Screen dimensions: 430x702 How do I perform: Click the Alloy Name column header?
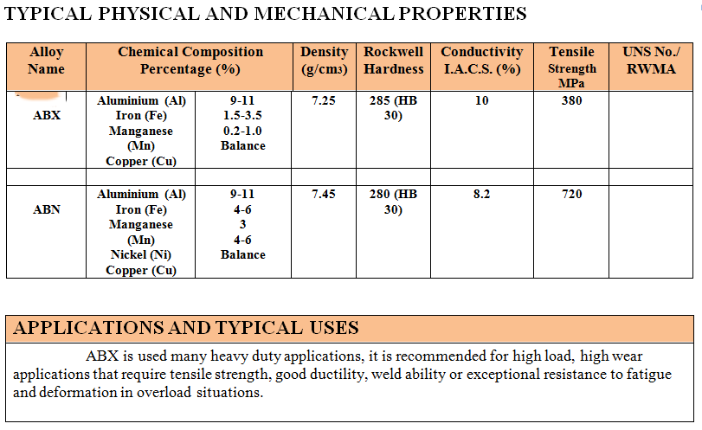click(x=47, y=61)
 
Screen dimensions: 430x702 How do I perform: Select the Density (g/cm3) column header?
click(x=324, y=61)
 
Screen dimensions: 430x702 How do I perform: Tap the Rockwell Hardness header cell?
click(x=393, y=61)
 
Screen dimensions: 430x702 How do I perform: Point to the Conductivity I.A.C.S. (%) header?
click(x=482, y=61)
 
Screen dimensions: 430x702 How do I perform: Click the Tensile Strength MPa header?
click(x=572, y=67)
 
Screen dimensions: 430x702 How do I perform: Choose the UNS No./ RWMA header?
click(x=651, y=61)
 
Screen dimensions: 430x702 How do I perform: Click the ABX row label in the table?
click(x=47, y=116)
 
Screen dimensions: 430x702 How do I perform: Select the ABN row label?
click(x=47, y=209)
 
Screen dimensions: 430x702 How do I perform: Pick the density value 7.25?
click(x=324, y=101)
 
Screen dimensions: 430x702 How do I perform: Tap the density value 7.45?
click(x=324, y=195)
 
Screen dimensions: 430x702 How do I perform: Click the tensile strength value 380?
click(x=572, y=101)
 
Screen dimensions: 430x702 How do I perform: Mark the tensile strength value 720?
click(x=572, y=195)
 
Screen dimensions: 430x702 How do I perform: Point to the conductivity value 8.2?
click(x=482, y=195)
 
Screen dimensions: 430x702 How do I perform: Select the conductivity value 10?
click(x=482, y=101)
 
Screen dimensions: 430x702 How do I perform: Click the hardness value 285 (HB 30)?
click(x=393, y=108)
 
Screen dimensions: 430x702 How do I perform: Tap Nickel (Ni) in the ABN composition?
click(x=141, y=255)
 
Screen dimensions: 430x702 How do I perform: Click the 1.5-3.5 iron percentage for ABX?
click(x=242, y=116)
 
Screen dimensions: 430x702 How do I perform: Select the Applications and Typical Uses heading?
click(x=186, y=328)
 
